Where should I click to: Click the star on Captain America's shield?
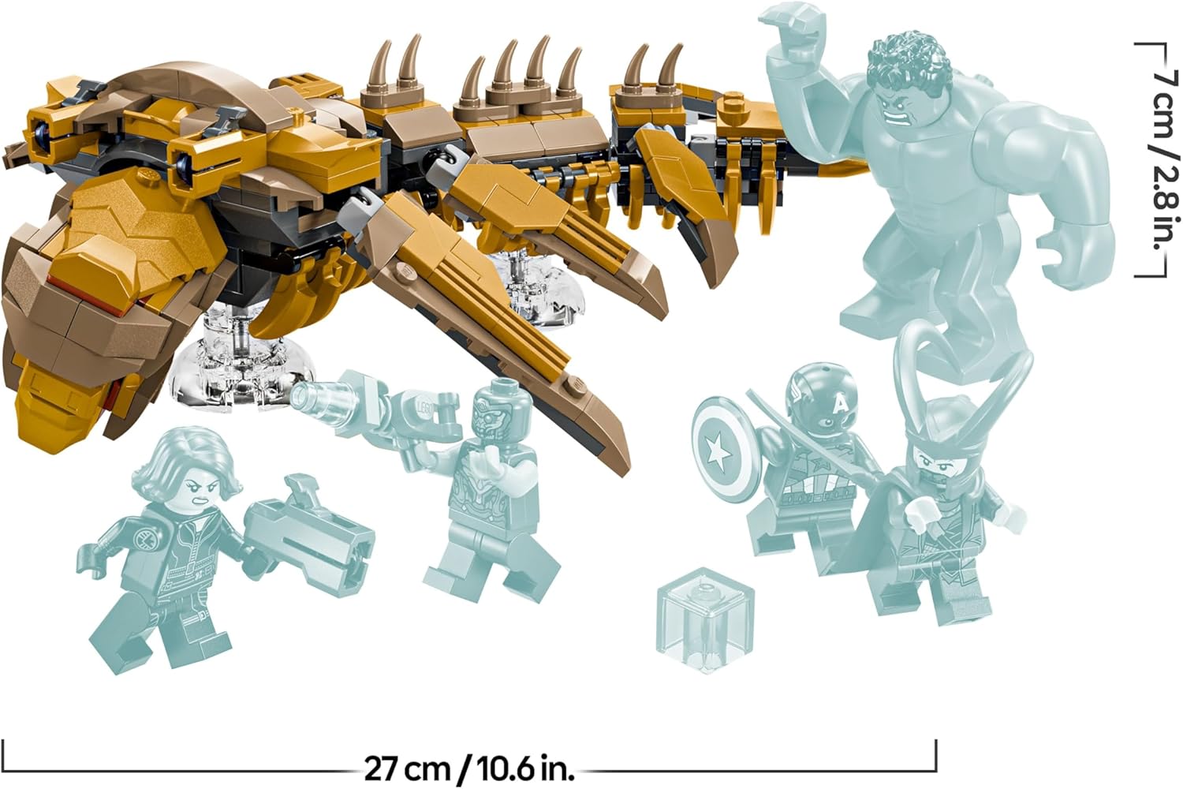click(x=718, y=454)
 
